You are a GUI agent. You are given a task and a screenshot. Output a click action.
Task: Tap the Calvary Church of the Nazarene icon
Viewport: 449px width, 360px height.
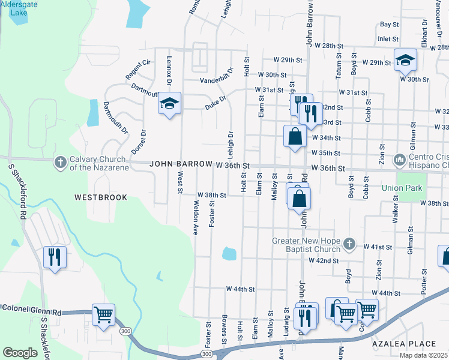59,163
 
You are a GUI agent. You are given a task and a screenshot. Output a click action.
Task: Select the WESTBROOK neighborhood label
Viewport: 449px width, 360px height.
101,197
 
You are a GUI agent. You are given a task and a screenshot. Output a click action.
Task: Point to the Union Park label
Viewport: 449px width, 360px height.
402,188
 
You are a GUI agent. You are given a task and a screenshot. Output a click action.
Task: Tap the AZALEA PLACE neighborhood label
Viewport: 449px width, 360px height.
403,344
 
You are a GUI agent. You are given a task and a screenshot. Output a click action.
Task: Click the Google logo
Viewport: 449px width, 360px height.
20,352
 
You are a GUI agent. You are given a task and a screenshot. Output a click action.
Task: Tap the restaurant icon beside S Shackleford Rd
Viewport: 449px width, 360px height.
55,257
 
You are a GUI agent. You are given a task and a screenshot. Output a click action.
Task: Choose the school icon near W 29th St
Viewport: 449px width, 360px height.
405,59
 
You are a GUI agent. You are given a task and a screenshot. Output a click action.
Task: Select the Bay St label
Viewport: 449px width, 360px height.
389,25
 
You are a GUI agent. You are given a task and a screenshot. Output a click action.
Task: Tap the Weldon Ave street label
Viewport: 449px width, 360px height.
195,217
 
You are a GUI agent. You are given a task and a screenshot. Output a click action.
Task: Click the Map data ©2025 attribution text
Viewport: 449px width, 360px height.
423,355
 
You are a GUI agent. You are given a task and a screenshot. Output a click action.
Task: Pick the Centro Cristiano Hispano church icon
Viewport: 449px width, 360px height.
399,160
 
